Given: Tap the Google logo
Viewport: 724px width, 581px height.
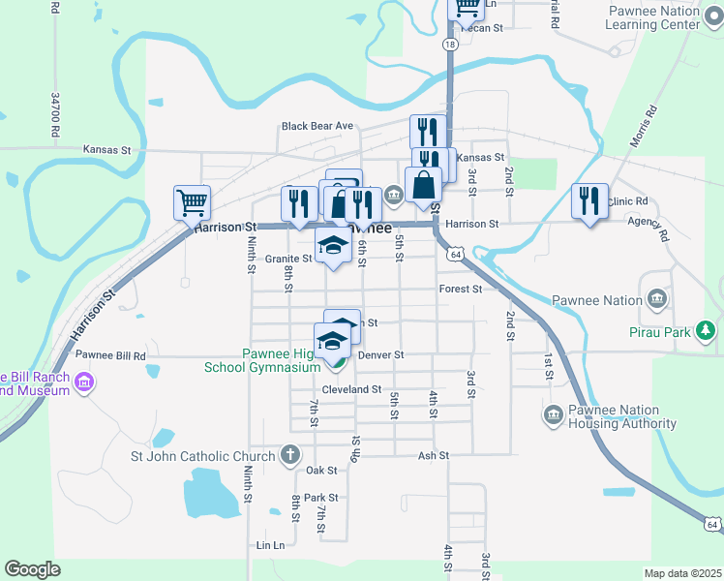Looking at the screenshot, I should [32, 569].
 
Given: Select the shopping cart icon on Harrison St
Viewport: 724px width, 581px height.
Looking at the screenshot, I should [192, 202].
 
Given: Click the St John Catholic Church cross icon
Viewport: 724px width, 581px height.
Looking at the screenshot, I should [289, 454].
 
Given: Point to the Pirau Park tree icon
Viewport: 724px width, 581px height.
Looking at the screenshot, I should [708, 331].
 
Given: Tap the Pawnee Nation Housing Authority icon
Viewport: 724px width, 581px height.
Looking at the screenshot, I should [554, 415].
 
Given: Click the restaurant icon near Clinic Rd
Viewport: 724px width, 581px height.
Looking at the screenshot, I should [589, 200].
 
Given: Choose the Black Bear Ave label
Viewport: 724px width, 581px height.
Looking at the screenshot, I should [317, 126].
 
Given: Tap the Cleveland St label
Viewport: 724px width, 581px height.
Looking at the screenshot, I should [351, 388].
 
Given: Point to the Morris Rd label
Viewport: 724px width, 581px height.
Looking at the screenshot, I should [643, 126].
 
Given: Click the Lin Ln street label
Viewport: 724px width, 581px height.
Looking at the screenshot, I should [271, 545].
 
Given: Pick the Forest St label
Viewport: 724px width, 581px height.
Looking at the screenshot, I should [460, 289].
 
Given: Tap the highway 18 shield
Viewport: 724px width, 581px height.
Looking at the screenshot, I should [450, 45].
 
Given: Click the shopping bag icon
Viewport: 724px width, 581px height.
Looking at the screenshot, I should [423, 184].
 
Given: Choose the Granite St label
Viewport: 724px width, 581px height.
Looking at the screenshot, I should [289, 259].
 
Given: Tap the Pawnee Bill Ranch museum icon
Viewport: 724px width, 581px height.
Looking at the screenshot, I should [84, 382].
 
